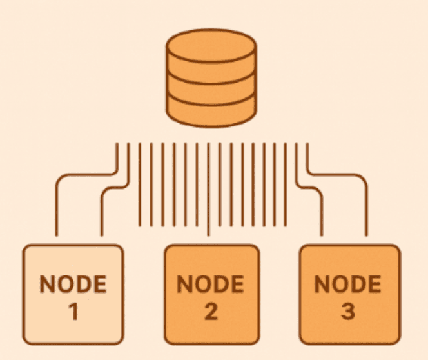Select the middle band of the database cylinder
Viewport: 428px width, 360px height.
[211, 90]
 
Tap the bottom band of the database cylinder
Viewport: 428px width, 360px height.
[211, 112]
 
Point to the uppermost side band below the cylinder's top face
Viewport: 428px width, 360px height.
[211, 70]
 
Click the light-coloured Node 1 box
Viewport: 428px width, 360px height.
[73, 294]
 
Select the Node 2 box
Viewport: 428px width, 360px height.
[211, 294]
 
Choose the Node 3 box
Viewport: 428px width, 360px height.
[349, 294]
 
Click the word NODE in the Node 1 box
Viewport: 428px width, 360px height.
[73, 284]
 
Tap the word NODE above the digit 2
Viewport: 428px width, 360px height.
[211, 284]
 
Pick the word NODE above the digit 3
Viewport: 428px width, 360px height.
[349, 284]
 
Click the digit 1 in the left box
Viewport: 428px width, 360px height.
[73, 312]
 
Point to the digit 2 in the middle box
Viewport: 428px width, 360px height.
[211, 312]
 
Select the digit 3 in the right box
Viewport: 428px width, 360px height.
[349, 312]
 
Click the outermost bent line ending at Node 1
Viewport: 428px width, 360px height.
[57, 206]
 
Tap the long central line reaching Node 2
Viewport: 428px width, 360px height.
[208, 219]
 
